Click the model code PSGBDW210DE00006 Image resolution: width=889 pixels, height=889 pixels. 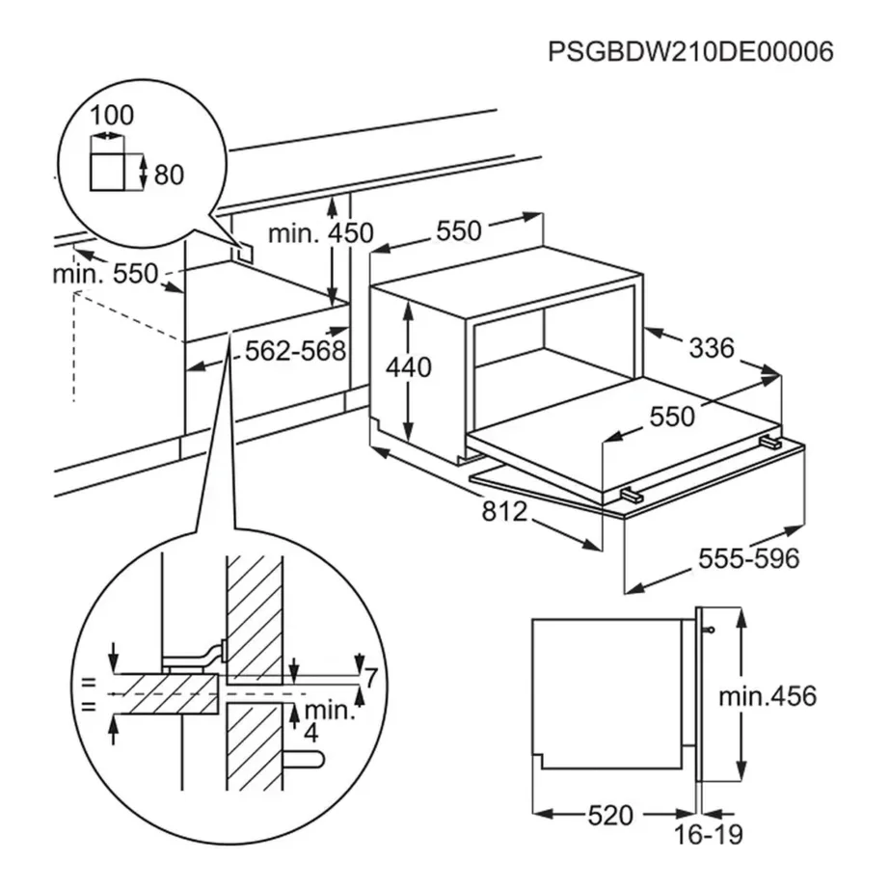point(690,51)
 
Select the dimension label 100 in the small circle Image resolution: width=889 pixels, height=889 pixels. point(112,117)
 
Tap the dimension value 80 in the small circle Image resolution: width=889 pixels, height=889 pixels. point(169,175)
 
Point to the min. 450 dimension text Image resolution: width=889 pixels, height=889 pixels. point(320,233)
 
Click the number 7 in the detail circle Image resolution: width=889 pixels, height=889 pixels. point(368,678)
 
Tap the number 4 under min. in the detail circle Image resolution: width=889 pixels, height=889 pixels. point(310,732)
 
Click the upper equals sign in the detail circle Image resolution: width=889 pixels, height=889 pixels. point(90,682)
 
